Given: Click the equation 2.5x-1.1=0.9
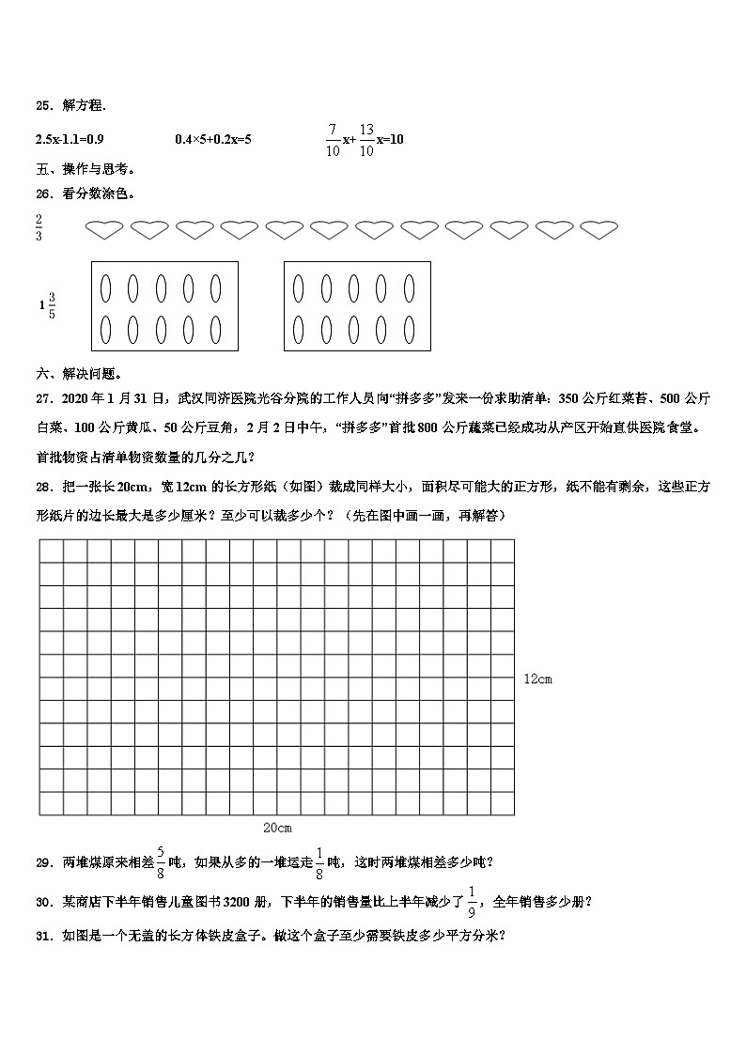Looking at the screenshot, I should (x=70, y=140).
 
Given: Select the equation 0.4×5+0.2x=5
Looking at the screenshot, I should (x=213, y=140).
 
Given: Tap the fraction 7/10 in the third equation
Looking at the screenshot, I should (x=332, y=139).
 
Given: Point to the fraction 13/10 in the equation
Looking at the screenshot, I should (x=366, y=139).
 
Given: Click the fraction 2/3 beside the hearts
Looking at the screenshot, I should (x=39, y=227).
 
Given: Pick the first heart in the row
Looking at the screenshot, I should (x=103, y=228).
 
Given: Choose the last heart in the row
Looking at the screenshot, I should (x=599, y=228).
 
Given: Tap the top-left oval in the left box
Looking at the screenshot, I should (x=106, y=286).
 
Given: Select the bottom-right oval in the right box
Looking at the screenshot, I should (x=410, y=330).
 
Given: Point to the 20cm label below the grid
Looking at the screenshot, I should (x=277, y=828).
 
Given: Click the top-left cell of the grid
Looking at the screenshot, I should (x=52, y=551).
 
